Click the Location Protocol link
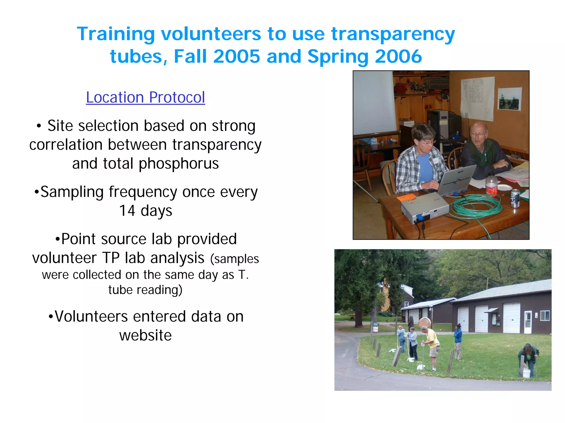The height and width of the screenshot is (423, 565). point(145,97)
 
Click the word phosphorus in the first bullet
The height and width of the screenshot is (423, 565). point(178,164)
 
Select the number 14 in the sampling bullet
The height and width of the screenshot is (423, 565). point(127,211)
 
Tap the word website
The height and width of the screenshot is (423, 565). point(145,335)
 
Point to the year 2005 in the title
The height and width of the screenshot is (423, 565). point(236,56)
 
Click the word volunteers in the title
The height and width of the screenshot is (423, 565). point(211,34)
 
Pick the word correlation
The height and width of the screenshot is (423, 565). point(66,145)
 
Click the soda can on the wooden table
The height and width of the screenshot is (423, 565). point(515,198)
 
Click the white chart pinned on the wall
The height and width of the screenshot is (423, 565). point(477,98)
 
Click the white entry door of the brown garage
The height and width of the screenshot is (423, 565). point(528,322)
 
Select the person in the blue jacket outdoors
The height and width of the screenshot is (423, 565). point(458,341)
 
